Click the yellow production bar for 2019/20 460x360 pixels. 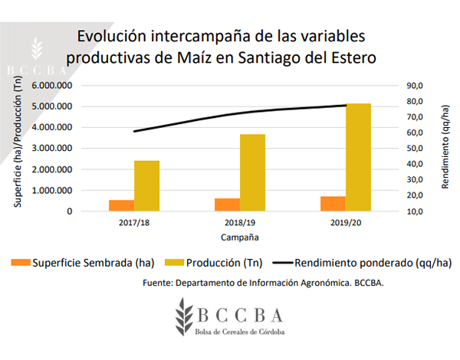coord(358,157)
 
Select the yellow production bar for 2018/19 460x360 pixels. coord(252,172)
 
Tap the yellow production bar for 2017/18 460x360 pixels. coord(146,186)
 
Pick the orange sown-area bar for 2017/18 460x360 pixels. coord(122,205)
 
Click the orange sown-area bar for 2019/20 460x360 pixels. coord(333,204)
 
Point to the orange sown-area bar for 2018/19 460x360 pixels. coord(228,205)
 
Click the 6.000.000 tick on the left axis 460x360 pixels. coord(52,86)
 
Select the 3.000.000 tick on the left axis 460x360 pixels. coord(52,149)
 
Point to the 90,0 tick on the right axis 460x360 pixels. coord(415,86)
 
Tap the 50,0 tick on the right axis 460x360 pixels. coord(415,149)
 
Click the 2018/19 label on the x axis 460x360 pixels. coord(240,223)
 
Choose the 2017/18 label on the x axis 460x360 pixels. coord(134,223)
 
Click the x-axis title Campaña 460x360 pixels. coord(240,237)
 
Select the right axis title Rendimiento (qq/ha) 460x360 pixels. coord(445,146)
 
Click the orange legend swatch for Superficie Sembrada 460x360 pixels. coord(21,263)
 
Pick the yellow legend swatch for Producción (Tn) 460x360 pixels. coord(174,263)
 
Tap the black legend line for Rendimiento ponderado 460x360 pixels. coord(283,263)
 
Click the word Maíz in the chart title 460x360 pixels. coord(194,57)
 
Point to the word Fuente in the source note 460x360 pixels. coord(157,283)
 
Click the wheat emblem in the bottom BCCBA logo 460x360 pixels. coord(184,316)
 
